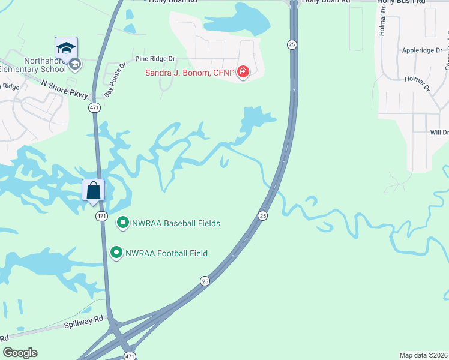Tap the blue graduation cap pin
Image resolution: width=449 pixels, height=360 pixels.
66,47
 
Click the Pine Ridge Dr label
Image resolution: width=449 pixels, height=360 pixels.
155,59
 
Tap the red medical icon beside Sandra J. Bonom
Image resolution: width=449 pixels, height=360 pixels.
243,73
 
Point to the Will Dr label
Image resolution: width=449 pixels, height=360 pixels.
439,132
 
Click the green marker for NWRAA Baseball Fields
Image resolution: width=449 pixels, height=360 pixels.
123,223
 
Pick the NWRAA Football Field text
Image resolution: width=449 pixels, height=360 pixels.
166,253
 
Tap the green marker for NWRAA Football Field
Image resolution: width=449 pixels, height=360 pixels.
116,253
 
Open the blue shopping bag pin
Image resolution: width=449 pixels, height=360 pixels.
94,191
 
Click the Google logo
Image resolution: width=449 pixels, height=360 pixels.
20,353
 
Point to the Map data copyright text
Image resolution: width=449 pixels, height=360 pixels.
424,355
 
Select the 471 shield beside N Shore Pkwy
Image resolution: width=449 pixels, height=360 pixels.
94,107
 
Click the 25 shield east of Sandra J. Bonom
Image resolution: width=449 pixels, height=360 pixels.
292,44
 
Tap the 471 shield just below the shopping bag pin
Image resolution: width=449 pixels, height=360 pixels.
102,216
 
